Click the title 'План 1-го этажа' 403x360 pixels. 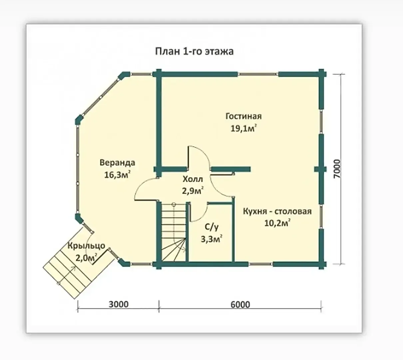click(x=194, y=51)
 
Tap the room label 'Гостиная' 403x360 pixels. click(x=243, y=116)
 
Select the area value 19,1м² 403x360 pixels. click(x=243, y=128)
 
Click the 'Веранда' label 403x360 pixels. click(x=117, y=163)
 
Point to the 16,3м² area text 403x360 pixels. click(x=117, y=175)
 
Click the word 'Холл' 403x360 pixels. click(x=193, y=179)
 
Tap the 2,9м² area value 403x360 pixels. click(x=193, y=191)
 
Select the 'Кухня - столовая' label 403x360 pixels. click(x=277, y=211)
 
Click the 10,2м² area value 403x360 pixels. click(x=277, y=223)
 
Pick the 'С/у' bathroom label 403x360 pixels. click(x=211, y=227)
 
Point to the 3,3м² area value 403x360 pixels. click(x=211, y=239)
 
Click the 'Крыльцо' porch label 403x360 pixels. click(x=86, y=246)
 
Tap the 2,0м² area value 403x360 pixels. click(x=86, y=258)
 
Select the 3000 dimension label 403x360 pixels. click(x=119, y=304)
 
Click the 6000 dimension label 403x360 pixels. click(x=240, y=305)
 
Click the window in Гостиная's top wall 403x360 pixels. click(x=258, y=74)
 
